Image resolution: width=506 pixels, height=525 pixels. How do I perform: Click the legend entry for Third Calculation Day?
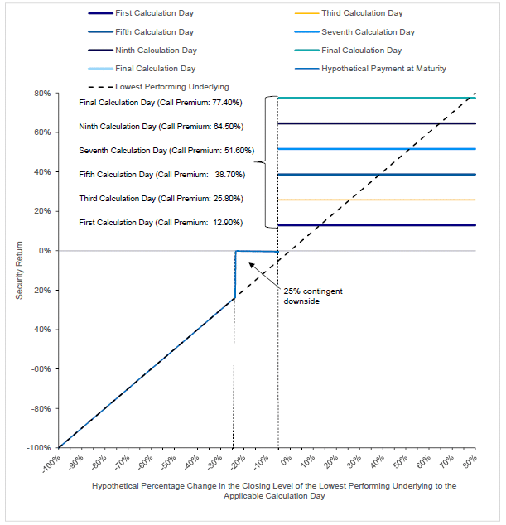click(x=349, y=13)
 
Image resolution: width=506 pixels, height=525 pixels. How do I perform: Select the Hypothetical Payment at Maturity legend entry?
click(x=370, y=69)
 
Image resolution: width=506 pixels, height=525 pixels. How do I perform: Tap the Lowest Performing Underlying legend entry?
click(x=158, y=87)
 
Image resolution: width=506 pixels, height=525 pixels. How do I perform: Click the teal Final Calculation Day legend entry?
click(x=348, y=51)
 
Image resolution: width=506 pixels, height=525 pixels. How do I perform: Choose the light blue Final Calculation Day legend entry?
click(x=142, y=69)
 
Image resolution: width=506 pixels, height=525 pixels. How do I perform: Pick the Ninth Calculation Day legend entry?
click(x=142, y=51)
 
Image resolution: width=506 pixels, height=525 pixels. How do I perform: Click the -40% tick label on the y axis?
click(x=41, y=330)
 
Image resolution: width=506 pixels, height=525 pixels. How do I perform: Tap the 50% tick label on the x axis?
click(x=401, y=462)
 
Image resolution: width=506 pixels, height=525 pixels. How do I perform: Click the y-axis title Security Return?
click(x=19, y=270)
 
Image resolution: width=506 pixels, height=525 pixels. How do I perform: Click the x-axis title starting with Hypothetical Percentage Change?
click(x=274, y=491)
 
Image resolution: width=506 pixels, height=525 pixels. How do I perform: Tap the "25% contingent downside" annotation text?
click(x=313, y=296)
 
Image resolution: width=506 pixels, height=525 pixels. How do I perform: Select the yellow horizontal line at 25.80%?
click(x=377, y=200)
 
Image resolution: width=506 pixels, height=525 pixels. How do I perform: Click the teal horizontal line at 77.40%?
click(x=377, y=98)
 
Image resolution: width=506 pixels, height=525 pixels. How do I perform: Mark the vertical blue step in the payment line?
click(x=235, y=274)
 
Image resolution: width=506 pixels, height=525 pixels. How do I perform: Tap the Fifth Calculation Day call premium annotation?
click(x=162, y=175)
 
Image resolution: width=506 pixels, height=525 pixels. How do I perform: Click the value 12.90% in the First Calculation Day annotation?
click(x=228, y=223)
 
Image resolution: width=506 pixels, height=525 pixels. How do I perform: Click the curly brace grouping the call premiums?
click(x=266, y=162)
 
